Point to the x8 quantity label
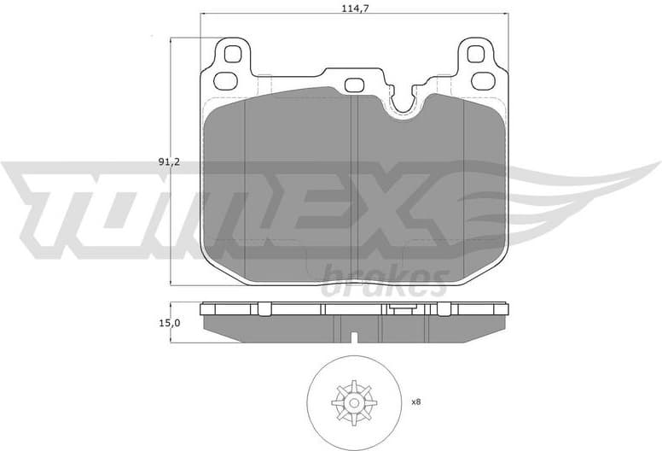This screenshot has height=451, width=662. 416,401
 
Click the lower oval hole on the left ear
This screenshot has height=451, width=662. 226,81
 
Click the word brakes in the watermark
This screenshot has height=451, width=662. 384,282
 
